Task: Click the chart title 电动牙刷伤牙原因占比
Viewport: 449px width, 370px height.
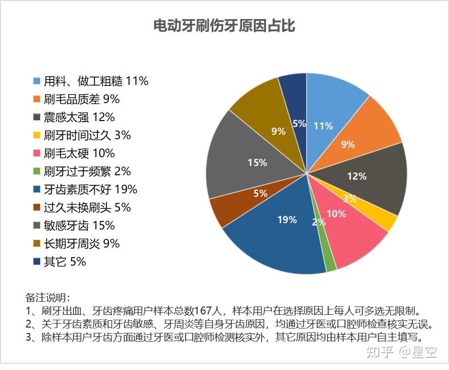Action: (224, 26)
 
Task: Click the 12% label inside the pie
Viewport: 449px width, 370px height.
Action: (356, 176)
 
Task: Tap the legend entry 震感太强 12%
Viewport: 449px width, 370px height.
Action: (79, 117)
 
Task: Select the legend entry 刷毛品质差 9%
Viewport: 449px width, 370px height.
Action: (82, 99)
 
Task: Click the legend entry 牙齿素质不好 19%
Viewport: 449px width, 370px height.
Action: (90, 189)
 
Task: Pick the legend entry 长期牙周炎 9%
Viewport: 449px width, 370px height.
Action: (82, 244)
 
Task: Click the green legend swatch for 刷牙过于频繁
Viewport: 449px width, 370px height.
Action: (37, 171)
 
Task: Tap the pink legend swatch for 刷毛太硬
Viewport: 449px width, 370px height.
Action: (37, 153)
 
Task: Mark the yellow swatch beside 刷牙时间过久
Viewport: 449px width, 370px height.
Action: (37, 135)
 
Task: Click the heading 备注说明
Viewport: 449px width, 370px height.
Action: (48, 297)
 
